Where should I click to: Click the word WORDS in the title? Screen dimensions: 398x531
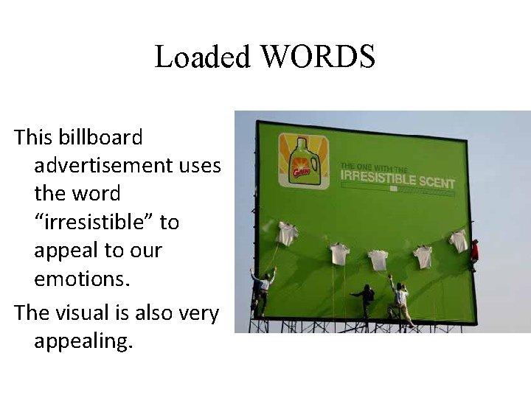pos(319,57)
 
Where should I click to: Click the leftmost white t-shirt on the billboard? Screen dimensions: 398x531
pos(287,233)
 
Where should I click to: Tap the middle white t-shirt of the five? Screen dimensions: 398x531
pos(378,259)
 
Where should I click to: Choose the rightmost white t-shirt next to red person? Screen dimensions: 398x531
pos(458,240)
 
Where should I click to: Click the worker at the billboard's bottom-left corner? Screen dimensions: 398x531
pos(262,290)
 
